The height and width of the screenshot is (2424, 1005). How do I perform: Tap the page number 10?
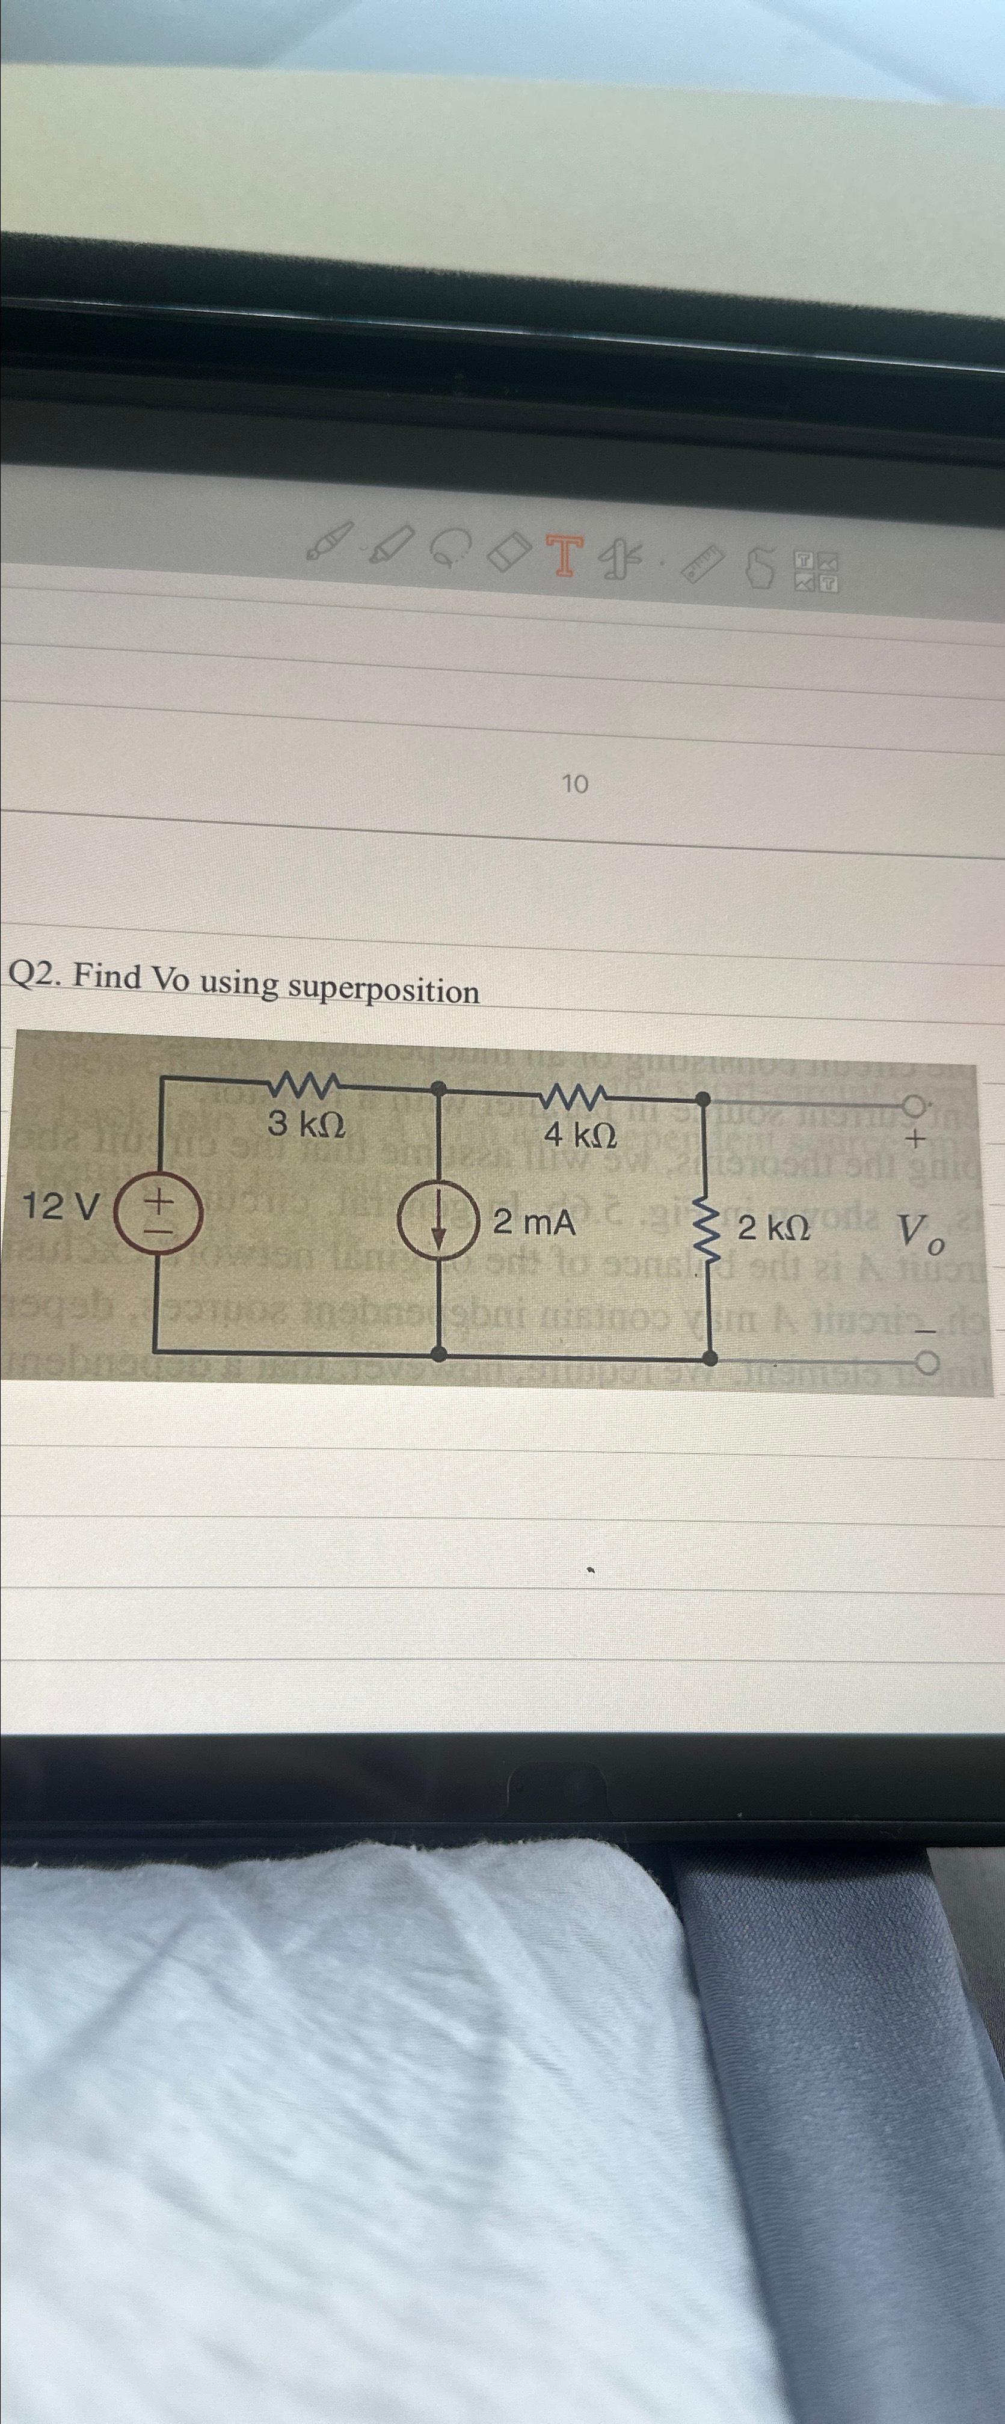coord(574,783)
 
